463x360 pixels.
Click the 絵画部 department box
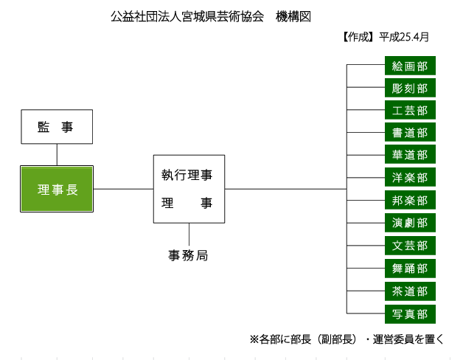[410, 66]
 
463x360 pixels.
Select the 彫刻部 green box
[410, 88]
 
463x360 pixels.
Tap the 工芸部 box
[410, 110]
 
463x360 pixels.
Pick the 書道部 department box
[410, 132]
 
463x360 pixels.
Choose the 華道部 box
[410, 154]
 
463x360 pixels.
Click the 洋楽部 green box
[410, 177]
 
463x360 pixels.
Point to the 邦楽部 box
[410, 200]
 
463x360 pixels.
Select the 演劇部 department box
[410, 223]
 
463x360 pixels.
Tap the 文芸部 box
[410, 246]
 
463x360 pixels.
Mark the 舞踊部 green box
[410, 269]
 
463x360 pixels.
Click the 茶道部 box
[410, 291]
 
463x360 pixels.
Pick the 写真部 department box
[410, 314]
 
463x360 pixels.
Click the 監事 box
[57, 127]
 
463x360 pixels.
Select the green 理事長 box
[57, 189]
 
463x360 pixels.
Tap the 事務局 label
[188, 255]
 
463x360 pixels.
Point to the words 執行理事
[187, 175]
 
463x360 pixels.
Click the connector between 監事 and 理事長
[57, 155]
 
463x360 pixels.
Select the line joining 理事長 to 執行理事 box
[123, 189]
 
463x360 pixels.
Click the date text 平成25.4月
[403, 37]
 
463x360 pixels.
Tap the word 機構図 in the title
[293, 16]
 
